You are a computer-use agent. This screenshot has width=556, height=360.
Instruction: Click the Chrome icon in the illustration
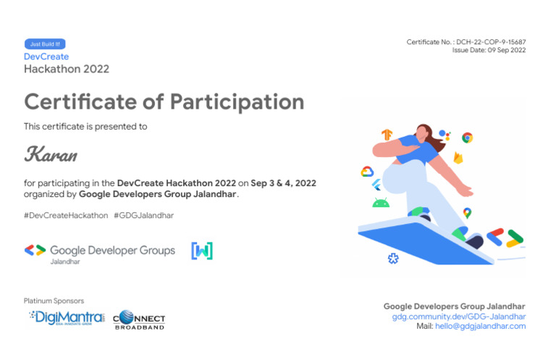click(468, 138)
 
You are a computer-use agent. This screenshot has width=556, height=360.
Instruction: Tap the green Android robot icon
click(381, 203)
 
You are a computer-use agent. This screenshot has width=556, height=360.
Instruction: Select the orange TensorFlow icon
click(387, 135)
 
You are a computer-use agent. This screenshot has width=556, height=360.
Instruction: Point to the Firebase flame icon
click(458, 157)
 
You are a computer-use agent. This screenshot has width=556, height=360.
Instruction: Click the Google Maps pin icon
click(467, 213)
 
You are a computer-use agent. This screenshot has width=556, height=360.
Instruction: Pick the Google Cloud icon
click(367, 172)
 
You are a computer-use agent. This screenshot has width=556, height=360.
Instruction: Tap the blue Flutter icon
click(376, 185)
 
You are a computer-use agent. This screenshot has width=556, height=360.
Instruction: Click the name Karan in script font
click(51, 154)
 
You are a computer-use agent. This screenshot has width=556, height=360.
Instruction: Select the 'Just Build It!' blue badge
click(45, 44)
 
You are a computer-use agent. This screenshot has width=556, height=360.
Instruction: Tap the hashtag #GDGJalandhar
click(143, 215)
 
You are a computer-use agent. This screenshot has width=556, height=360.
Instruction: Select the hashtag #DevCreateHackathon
click(66, 215)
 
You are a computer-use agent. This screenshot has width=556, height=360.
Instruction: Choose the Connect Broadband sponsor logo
click(139, 319)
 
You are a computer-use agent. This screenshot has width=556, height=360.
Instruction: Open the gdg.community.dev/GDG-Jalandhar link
click(459, 317)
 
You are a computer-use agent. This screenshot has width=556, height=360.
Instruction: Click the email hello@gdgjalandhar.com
click(480, 327)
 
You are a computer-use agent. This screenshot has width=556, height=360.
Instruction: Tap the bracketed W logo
click(202, 251)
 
